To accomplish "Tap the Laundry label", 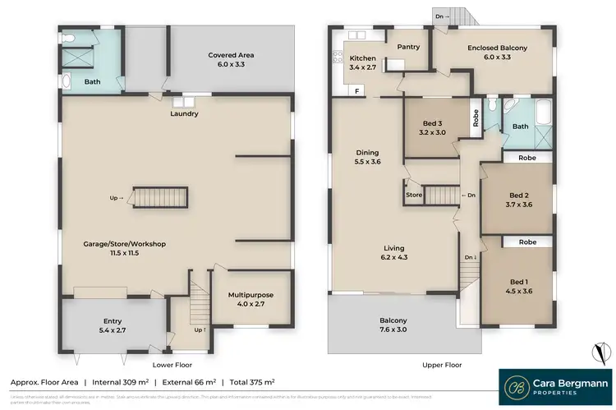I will pyautogui.click(x=184, y=113).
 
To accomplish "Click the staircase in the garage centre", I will pyautogui.click(x=160, y=198).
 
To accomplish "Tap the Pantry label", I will pyautogui.click(x=408, y=47).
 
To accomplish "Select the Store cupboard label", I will pyautogui.click(x=413, y=196).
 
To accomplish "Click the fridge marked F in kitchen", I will pyautogui.click(x=356, y=91).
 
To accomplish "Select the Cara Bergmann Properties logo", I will pyautogui.click(x=555, y=387).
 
